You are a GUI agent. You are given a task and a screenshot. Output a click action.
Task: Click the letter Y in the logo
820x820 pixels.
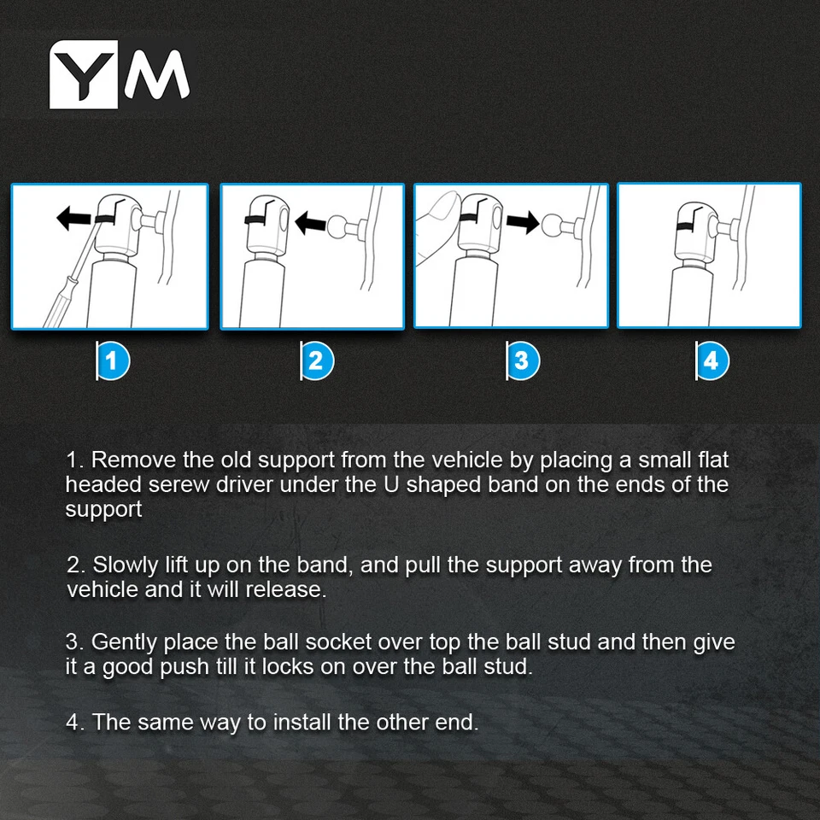click(x=83, y=73)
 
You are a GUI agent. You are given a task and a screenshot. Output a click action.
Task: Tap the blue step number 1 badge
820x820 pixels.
click(x=113, y=360)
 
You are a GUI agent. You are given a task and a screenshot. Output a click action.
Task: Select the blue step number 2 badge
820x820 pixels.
click(x=317, y=360)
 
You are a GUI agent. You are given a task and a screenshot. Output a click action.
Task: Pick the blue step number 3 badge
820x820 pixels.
click(x=523, y=360)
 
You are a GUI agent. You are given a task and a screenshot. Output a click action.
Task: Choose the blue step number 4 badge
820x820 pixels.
click(x=712, y=360)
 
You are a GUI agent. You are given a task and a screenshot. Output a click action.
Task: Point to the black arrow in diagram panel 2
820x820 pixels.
click(x=311, y=223)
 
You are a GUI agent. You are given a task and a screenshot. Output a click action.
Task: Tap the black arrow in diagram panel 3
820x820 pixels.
click(x=523, y=222)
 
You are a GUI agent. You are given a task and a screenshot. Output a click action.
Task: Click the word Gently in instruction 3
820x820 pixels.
click(x=124, y=642)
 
